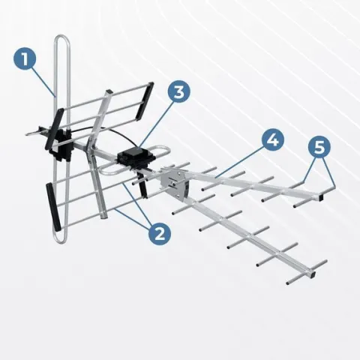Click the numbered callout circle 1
point(25,59)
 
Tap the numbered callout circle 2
point(160,235)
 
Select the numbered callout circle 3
point(178,91)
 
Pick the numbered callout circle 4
point(273,140)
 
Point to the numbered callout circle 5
point(319,147)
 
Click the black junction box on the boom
point(136,157)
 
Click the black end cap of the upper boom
point(322,197)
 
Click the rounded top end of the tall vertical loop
point(62,37)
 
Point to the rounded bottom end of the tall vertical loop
point(61,241)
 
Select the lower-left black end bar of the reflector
point(53,207)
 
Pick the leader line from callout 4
point(240,163)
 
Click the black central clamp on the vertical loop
point(61,145)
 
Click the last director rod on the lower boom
point(307,272)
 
